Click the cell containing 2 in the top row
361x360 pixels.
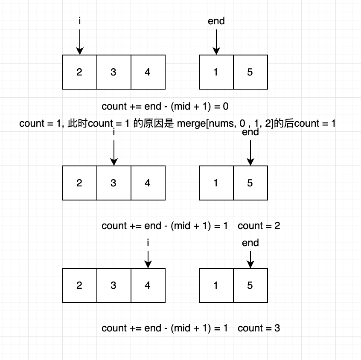79,72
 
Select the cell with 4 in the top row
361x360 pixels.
148,72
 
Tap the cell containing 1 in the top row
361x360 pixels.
216,72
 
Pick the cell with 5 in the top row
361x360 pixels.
250,72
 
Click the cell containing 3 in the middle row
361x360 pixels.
114,183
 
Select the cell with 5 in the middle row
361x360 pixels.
250,183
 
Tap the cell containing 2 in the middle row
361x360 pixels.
79,183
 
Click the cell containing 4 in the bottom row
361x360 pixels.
148,285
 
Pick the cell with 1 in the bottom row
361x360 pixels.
216,285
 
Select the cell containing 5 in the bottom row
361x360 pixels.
250,285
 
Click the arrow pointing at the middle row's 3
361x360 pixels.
114,152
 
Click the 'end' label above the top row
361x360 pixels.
216,21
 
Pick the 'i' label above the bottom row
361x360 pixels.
148,243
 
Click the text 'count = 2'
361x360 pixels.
259,226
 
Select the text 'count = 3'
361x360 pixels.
259,328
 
